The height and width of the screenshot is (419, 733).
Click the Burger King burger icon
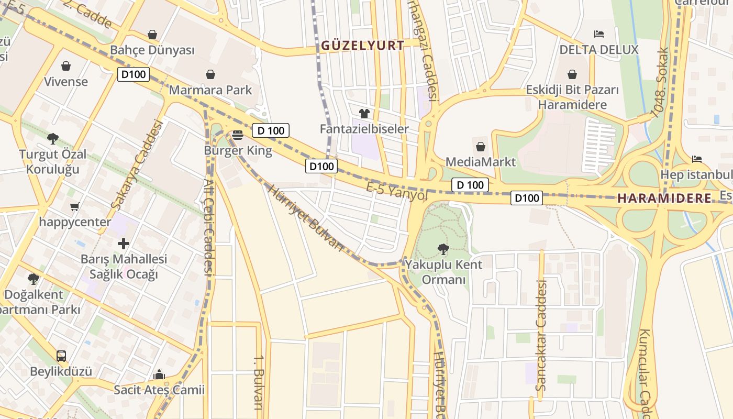coord(238,135)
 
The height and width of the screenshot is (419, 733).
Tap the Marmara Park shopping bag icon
coord(210,74)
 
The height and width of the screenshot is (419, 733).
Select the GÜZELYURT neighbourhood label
coord(362,46)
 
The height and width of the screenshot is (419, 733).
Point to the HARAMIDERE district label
coord(664,199)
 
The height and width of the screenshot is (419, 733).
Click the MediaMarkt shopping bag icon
coord(481,147)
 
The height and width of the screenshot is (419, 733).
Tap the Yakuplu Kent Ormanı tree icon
coord(443,249)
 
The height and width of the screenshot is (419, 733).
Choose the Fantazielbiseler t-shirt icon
coord(364,113)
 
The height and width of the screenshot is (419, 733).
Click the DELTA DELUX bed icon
coord(599,34)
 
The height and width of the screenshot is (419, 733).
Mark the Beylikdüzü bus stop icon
coord(61,356)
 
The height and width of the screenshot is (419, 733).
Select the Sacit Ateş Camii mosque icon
coord(159,374)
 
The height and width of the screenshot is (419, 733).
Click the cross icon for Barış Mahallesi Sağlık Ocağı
coord(124,244)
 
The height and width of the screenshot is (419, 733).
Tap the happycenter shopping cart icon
coord(74,206)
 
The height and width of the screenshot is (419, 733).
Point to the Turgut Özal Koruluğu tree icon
coord(52,139)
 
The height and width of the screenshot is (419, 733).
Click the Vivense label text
coord(66,82)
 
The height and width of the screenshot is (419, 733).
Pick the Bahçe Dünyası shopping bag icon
coord(152,35)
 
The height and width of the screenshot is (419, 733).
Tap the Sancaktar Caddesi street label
coord(541,335)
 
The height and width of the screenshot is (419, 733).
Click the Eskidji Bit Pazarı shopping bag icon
coord(572,74)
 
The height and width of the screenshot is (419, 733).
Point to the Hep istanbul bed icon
coord(696,159)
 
